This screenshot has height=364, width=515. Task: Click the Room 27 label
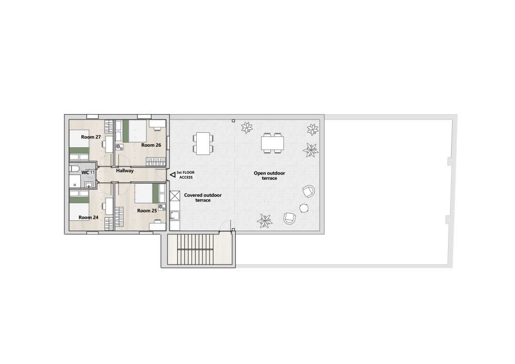click(91, 137)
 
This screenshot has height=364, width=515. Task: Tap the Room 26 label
click(151, 145)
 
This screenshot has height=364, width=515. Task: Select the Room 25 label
click(147, 211)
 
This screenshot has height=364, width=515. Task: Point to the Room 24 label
click(89, 217)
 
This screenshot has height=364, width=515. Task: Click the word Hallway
click(125, 171)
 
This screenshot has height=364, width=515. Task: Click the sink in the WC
click(89, 185)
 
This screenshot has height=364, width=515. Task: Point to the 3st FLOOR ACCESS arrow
click(173, 175)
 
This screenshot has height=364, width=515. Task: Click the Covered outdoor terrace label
click(202, 198)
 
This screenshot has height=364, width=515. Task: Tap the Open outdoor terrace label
click(269, 176)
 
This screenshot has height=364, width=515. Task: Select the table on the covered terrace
click(202, 144)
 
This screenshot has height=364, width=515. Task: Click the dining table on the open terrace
click(272, 143)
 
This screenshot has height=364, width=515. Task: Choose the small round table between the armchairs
click(304, 208)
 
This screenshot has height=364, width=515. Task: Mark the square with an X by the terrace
click(175, 196)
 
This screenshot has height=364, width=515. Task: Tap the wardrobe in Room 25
click(118, 217)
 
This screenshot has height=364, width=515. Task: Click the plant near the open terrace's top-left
click(247, 128)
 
